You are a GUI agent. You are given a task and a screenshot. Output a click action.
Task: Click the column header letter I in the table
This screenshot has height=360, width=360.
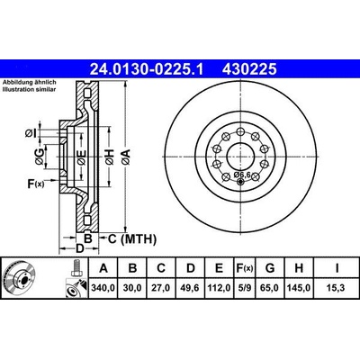coord(334,268)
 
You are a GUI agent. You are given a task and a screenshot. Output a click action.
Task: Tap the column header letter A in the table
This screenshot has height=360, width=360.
coord(105,268)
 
